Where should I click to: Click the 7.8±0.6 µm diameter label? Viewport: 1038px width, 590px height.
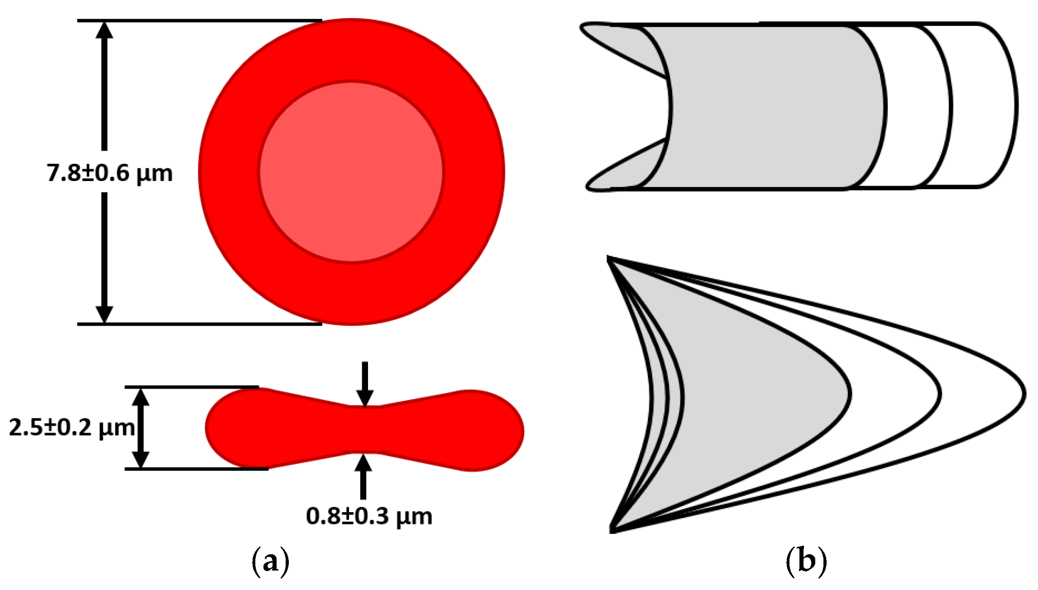pos(110,173)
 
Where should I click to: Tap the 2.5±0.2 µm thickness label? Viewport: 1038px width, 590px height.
pos(72,428)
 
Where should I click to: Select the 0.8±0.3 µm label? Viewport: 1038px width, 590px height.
pos(369,516)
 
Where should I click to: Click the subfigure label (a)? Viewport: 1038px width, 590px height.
pos(270,561)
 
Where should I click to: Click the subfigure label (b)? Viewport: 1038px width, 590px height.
pos(806,561)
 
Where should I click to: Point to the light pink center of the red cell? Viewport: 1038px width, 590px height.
pos(351,172)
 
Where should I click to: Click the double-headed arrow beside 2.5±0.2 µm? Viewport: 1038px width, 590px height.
pos(141,428)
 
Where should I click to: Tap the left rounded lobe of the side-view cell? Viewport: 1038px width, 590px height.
pos(235,428)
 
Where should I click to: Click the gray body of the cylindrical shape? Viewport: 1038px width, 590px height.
pos(770,106)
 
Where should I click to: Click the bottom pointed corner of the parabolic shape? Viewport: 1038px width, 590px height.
pos(612,529)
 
